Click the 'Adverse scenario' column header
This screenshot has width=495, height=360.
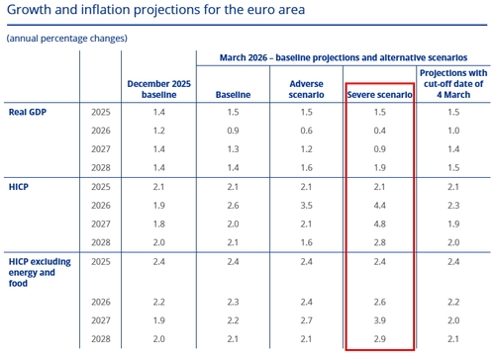pos(306,88)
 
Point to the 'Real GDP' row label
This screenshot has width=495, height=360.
pos(31,114)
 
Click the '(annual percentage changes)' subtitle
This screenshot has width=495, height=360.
pos(66,38)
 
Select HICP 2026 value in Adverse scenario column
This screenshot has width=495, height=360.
pos(306,205)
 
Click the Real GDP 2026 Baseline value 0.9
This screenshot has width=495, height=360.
pos(232,131)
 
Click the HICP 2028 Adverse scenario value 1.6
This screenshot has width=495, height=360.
pos(306,241)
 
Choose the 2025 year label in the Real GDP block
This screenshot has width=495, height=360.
pos(102,114)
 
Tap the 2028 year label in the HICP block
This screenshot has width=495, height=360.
pos(102,241)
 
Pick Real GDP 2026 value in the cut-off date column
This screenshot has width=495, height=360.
pos(454,131)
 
